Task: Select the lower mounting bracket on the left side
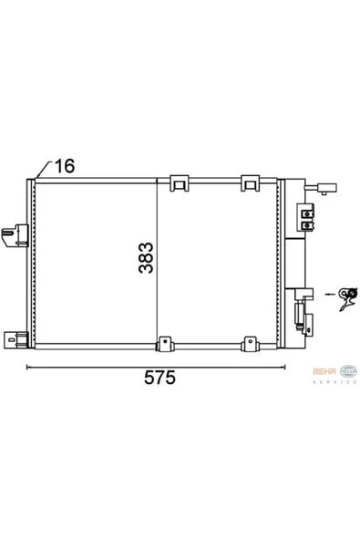click(x=17, y=341)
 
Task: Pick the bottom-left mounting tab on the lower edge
click(x=165, y=345)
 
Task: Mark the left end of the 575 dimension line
click(x=26, y=368)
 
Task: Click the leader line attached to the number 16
click(x=39, y=171)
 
